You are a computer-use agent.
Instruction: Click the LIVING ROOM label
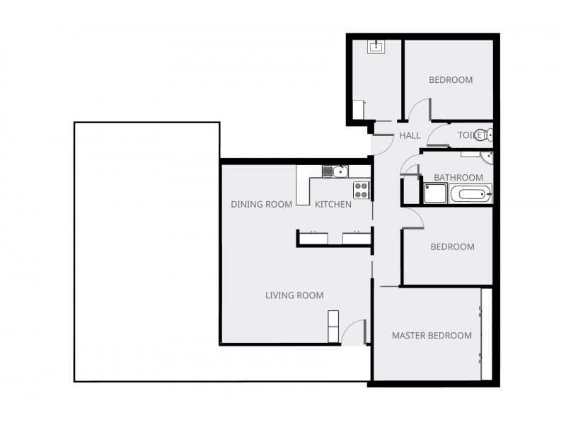pos(294,295)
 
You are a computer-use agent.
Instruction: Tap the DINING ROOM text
pos(262,205)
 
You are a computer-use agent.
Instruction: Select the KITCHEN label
pos(333,205)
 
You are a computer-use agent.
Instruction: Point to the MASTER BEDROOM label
pos(432,335)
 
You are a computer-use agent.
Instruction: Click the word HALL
pos(410,135)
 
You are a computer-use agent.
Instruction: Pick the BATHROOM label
pos(458,178)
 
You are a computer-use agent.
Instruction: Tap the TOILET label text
pos(469,135)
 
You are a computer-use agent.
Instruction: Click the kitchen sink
pos(335,171)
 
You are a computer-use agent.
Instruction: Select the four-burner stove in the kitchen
pos(361,189)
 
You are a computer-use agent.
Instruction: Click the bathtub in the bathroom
pos(470,193)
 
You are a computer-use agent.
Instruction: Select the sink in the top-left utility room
pos(375,47)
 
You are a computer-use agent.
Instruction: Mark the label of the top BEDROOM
pos(451,80)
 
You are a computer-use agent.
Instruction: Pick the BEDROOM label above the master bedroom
pos(452,247)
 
